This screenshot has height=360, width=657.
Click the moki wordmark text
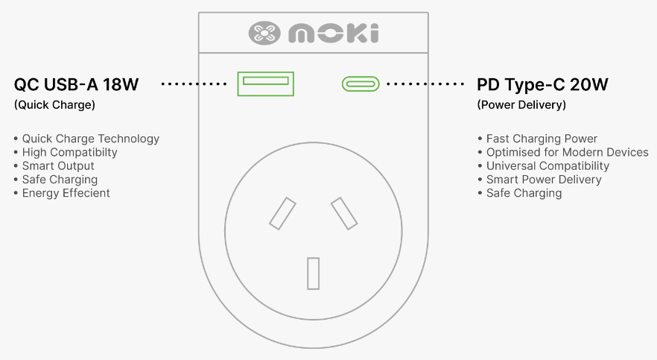pos(334,33)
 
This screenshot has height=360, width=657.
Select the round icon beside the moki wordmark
pos(264,33)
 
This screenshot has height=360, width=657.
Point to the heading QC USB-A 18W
pos(76,84)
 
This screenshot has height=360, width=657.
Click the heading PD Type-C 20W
pos(542,84)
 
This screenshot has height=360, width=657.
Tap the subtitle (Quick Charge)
pos(54,105)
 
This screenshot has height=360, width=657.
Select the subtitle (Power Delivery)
pos(521,105)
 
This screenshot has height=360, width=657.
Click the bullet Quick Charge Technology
pos(91,139)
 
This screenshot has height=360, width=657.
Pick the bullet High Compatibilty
pos(69,152)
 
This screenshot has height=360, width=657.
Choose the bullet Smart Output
pos(58,166)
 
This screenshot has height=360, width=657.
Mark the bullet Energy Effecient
pos(66,193)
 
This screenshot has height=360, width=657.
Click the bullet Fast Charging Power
pos(542,139)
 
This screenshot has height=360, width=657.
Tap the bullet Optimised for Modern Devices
pos(568,152)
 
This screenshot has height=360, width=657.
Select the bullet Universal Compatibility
pos(547,166)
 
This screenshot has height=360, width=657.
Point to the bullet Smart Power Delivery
pos(544,180)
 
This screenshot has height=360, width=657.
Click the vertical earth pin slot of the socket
pos(314,274)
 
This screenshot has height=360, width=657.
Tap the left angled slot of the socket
pos(282,213)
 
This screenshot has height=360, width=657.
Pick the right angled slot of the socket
pos(344,213)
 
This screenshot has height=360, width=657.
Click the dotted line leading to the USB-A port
pos(194,83)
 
